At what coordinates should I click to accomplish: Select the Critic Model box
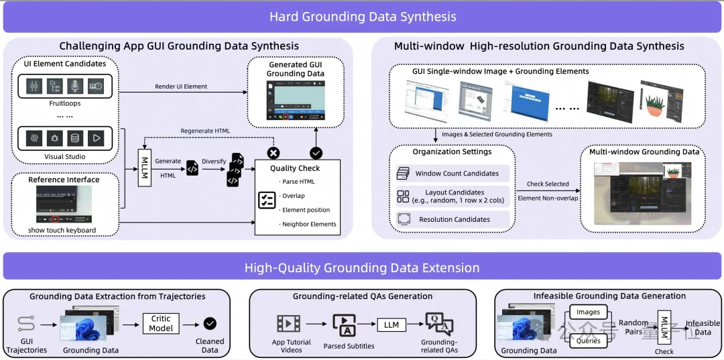pyautogui.click(x=161, y=324)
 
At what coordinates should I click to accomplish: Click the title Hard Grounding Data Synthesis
pyautogui.click(x=362, y=17)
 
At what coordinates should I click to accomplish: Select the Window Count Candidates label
pyautogui.click(x=457, y=174)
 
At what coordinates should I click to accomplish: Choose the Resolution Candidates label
pyautogui.click(x=454, y=219)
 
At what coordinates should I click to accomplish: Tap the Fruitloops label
pyautogui.click(x=64, y=104)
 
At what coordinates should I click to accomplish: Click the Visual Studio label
pyautogui.click(x=64, y=157)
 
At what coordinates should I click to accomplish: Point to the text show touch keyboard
pyautogui.click(x=62, y=231)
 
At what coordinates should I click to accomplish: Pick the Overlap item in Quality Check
pyautogui.click(x=294, y=196)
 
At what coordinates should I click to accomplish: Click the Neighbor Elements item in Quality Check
pyautogui.click(x=309, y=224)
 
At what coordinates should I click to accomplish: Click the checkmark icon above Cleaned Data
pyautogui.click(x=210, y=324)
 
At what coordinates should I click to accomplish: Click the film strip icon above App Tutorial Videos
pyautogui.click(x=289, y=324)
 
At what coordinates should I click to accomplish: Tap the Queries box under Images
pyautogui.click(x=589, y=341)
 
